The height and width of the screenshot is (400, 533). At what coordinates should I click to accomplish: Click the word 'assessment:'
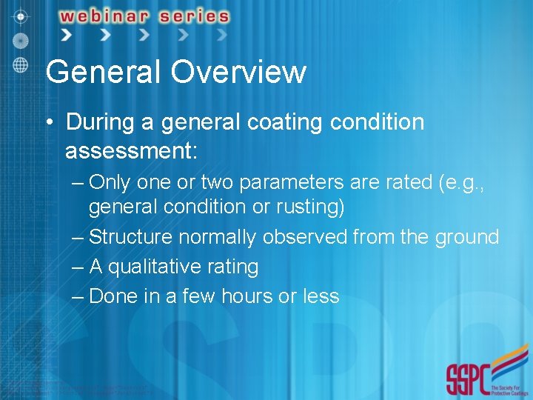point(131,151)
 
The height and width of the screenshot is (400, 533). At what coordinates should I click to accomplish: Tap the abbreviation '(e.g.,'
point(466,182)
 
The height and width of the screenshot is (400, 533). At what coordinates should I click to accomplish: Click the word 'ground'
point(467,237)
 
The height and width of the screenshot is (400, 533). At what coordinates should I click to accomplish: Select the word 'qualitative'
point(156,267)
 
